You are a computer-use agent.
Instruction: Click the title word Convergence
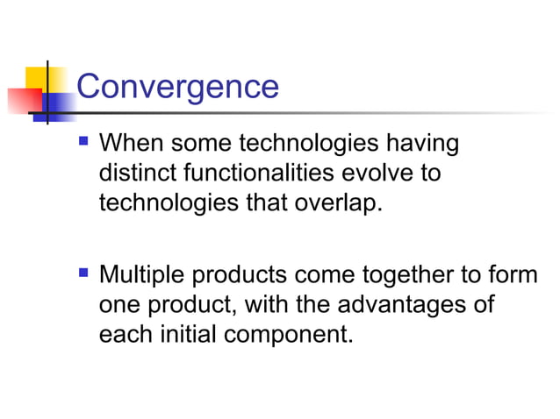click(x=177, y=87)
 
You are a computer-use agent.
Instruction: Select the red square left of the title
click(x=23, y=102)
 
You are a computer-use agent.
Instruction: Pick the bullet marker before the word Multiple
click(x=84, y=273)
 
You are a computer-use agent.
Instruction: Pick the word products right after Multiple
click(x=239, y=276)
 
